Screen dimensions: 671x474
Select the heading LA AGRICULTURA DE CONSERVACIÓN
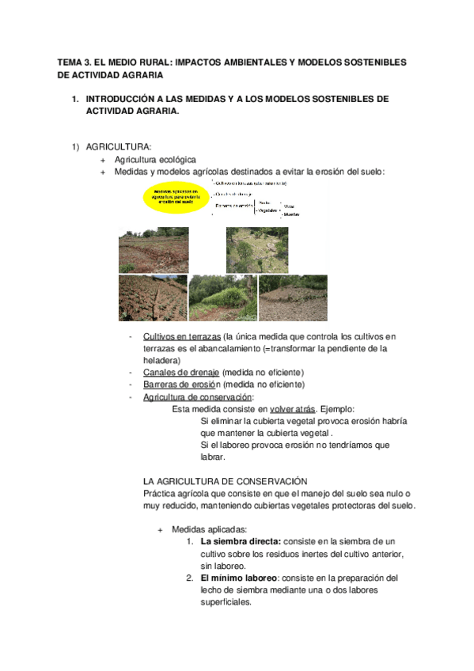(224, 481)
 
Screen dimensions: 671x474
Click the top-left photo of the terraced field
(153, 249)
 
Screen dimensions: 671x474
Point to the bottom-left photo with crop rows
(153, 298)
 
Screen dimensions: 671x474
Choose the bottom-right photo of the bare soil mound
(293, 298)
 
